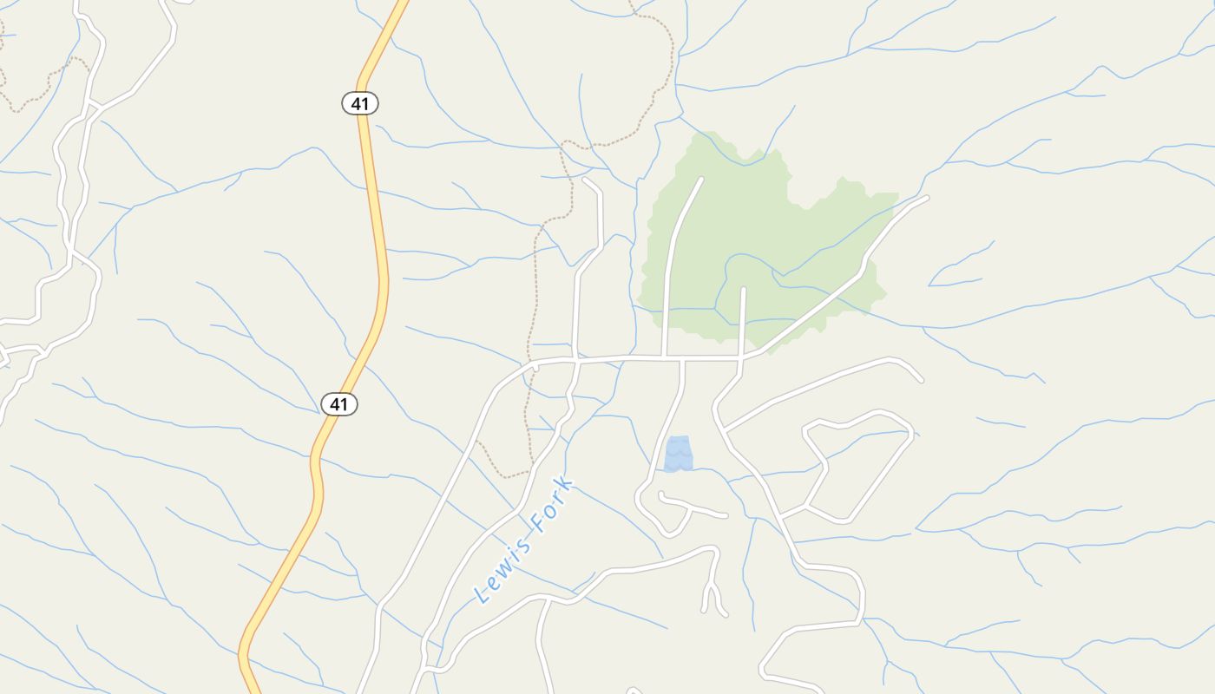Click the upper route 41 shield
pyautogui.click(x=360, y=104)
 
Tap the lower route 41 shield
pyautogui.click(x=339, y=404)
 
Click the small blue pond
pyautogui.click(x=679, y=454)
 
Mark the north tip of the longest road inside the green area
pyautogui.click(x=700, y=180)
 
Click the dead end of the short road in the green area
pyautogui.click(x=744, y=289)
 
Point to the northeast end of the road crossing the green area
pyautogui.click(x=926, y=198)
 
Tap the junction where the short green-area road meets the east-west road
pyautogui.click(x=742, y=356)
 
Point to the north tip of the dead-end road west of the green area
pyautogui.click(x=585, y=180)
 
